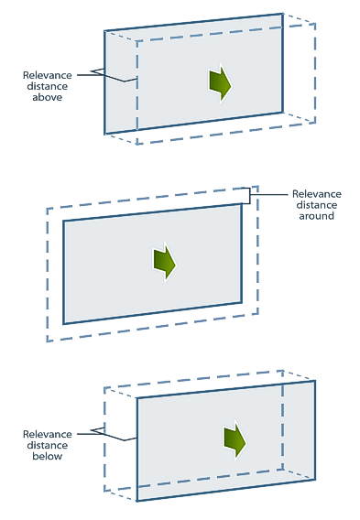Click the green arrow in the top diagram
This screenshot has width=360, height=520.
pyautogui.click(x=220, y=83)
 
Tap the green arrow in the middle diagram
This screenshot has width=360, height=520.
pyautogui.click(x=164, y=263)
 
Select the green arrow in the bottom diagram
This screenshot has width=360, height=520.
pyautogui.click(x=235, y=440)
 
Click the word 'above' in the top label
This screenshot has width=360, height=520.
pyautogui.click(x=47, y=97)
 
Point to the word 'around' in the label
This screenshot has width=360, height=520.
pyautogui.click(x=317, y=216)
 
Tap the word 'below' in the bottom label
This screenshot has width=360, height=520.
pyautogui.click(x=47, y=456)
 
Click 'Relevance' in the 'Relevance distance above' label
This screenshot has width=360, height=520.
pyautogui.click(x=47, y=75)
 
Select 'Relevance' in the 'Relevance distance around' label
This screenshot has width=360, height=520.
pyautogui.click(x=317, y=194)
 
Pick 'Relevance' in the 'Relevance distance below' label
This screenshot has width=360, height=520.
pyautogui.click(x=47, y=434)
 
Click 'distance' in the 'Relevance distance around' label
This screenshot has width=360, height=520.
pyautogui.click(x=317, y=205)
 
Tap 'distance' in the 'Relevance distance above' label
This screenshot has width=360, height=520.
pyautogui.click(x=47, y=86)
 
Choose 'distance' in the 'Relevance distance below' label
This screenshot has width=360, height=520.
pyautogui.click(x=47, y=445)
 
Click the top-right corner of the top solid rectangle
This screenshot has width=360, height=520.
pyautogui.click(x=283, y=14)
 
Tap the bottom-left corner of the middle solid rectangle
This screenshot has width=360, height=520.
pyautogui.click(x=63, y=324)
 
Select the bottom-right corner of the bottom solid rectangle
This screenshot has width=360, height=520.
pyautogui.click(x=314, y=479)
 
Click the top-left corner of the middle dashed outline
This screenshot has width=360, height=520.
pyautogui.click(x=47, y=208)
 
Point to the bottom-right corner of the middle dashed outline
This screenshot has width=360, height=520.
pyautogui.click(x=257, y=313)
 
